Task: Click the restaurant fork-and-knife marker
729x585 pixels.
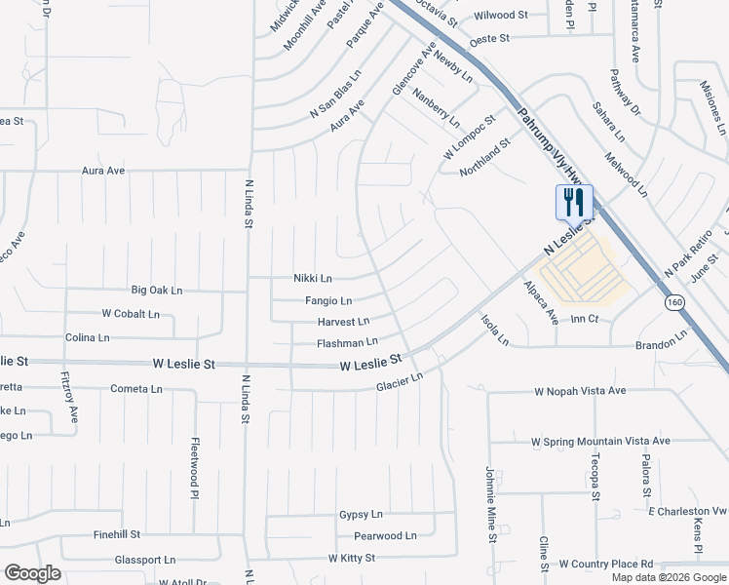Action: point(573,203)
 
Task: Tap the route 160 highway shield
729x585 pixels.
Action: point(674,303)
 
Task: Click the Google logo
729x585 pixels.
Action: point(32,573)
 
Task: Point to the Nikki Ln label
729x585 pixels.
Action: point(313,278)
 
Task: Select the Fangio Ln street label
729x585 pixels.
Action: point(328,301)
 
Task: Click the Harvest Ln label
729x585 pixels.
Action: point(343,322)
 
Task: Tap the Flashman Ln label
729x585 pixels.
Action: point(347,343)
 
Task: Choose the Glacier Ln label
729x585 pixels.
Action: point(400,382)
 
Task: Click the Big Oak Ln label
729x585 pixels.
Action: point(157,291)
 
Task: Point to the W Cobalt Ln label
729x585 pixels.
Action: point(131,314)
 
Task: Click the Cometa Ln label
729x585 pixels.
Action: point(136,388)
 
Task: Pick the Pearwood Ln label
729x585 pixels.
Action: point(385,536)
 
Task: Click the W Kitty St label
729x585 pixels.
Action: point(352,558)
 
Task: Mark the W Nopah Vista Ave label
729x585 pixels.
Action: point(579,391)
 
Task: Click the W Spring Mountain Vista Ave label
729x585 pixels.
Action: point(600,441)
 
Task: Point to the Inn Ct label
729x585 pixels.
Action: point(584,319)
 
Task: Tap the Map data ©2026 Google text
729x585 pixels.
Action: point(668,577)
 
